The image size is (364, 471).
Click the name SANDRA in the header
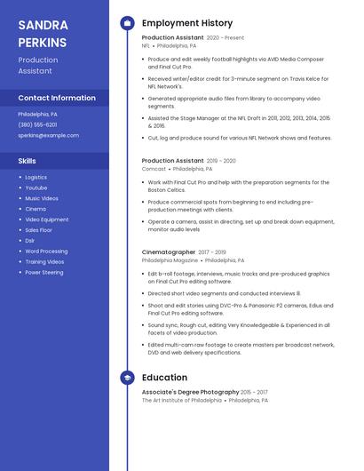click(43, 25)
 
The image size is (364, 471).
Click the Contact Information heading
click(57, 98)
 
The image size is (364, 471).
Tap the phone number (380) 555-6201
click(37, 124)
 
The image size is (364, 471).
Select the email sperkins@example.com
click(48, 135)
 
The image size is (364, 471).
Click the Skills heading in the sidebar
click(28, 161)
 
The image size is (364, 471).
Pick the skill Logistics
click(36, 177)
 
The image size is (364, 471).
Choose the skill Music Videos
click(42, 198)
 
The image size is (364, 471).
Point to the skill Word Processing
click(46, 251)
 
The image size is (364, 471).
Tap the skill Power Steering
click(44, 273)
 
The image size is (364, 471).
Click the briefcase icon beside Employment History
click(128, 23)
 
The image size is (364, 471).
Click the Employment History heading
click(187, 23)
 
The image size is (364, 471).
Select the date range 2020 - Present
click(226, 38)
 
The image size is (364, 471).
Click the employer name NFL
click(146, 45)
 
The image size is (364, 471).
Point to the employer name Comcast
click(154, 168)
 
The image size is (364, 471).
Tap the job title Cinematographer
click(169, 252)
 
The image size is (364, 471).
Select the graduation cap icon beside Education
click(128, 378)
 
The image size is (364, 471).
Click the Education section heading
click(165, 378)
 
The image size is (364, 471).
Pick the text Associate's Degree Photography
click(190, 392)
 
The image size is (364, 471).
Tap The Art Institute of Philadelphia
click(182, 400)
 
